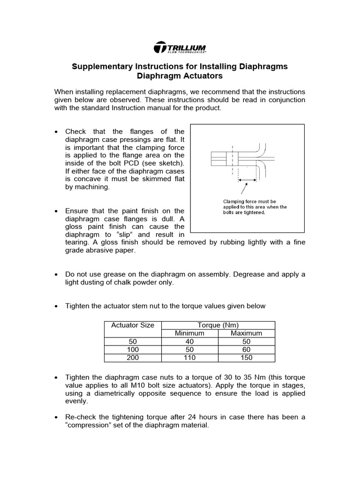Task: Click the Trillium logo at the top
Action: click(x=180, y=48)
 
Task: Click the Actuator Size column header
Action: click(x=133, y=325)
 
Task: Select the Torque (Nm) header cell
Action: click(x=218, y=325)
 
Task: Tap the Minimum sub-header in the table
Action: click(x=189, y=333)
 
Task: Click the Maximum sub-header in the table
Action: click(x=247, y=333)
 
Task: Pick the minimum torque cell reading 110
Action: click(x=189, y=358)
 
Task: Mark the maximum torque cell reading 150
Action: click(x=247, y=358)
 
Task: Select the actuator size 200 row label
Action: click(x=133, y=358)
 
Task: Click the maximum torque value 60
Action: click(x=247, y=350)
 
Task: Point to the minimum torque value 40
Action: click(x=189, y=342)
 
